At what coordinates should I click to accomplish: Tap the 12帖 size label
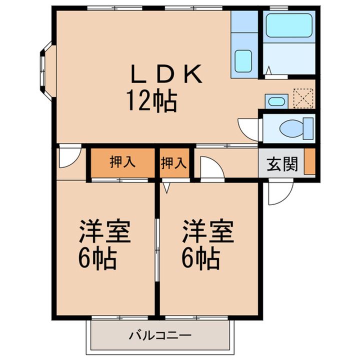[152, 101]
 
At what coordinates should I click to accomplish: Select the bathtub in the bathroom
[289, 25]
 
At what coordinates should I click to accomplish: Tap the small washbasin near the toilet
[276, 101]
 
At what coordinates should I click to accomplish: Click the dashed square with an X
[303, 98]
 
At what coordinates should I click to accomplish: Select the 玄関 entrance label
[282, 164]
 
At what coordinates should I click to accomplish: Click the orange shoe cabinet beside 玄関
[309, 161]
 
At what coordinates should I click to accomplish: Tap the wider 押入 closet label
[122, 161]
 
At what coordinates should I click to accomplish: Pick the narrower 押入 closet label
[173, 163]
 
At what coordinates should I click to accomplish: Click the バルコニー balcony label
[160, 335]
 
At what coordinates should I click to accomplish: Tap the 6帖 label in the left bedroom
[97, 258]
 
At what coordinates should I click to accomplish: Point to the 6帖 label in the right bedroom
[201, 258]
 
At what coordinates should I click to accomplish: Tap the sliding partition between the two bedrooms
[157, 250]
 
